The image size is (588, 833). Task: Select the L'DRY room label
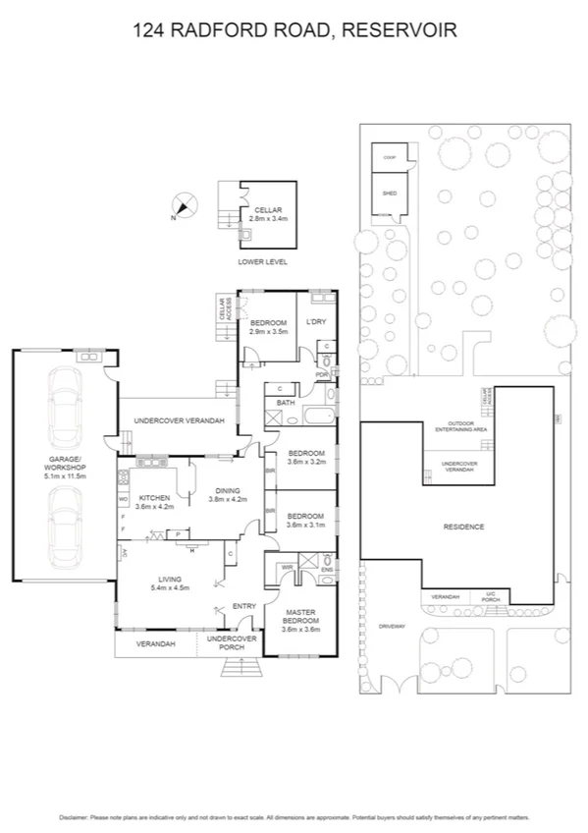tap(315, 322)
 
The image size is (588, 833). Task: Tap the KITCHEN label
tap(155, 502)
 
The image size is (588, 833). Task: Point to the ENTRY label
tap(243, 606)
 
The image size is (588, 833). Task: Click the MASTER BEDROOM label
tap(300, 620)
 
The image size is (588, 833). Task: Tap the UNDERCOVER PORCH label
tap(232, 643)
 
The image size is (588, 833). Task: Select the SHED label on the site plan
tap(389, 194)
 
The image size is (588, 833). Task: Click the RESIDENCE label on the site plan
tap(464, 528)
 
